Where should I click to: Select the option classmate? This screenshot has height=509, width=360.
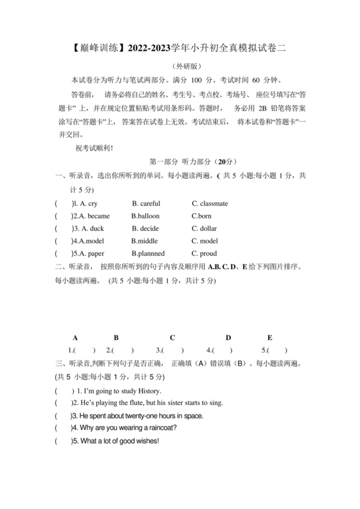[213, 204]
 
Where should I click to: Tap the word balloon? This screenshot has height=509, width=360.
[146, 216]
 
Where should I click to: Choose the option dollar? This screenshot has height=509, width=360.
[208, 228]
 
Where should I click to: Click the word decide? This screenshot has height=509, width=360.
[145, 228]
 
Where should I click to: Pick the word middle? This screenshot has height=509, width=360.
[146, 241]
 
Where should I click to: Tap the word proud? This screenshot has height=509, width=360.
[208, 253]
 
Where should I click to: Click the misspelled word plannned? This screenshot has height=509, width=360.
[150, 253]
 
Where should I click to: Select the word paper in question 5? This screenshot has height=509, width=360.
[96, 253]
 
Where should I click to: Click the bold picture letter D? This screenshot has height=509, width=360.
[228, 337]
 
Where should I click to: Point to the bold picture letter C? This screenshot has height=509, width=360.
[172, 337]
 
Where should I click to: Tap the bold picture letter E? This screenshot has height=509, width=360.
[269, 337]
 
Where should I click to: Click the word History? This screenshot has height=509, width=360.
[147, 391]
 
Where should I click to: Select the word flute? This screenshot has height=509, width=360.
[133, 403]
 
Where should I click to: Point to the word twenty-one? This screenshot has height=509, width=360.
[143, 416]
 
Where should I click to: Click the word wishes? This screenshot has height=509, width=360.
[143, 441]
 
